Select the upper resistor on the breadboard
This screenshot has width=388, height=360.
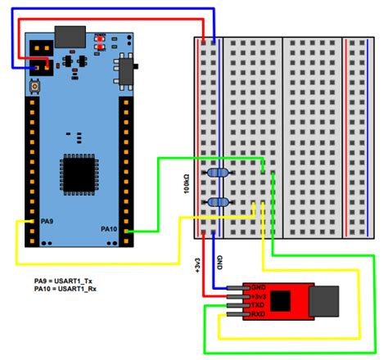(x=218, y=173)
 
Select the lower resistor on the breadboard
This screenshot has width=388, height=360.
(x=218, y=202)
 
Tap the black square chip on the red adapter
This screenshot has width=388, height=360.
(x=285, y=300)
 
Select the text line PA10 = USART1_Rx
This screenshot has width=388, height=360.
(x=68, y=290)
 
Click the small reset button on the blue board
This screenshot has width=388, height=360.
(x=38, y=87)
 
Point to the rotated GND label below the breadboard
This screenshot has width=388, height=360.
(x=219, y=263)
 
